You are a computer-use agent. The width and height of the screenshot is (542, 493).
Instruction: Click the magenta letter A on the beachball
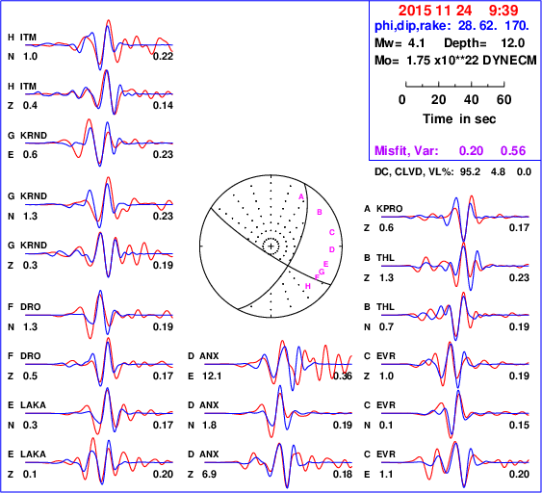click(301, 196)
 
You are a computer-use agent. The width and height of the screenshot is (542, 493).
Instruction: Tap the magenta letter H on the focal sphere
click(308, 286)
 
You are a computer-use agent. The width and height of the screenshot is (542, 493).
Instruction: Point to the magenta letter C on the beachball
click(332, 232)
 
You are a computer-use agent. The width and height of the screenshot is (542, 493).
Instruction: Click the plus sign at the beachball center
click(271, 246)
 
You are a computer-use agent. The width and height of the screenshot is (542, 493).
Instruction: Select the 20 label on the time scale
click(438, 99)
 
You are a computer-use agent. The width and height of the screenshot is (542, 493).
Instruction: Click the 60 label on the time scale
click(504, 99)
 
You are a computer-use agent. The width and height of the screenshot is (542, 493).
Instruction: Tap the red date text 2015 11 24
click(435, 11)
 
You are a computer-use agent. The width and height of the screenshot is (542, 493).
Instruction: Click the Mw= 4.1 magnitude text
click(400, 43)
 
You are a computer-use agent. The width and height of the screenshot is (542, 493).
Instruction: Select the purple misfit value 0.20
click(471, 151)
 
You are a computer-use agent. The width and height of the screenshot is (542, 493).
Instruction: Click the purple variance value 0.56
click(513, 151)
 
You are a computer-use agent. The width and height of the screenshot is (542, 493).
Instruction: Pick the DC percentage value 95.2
click(470, 171)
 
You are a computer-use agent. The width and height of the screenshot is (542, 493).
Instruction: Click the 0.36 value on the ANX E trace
click(343, 376)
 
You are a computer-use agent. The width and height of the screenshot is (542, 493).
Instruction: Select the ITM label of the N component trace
click(28, 38)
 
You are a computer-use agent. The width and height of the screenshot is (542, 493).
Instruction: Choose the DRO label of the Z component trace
click(31, 356)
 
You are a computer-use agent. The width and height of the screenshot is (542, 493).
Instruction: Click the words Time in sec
click(459, 119)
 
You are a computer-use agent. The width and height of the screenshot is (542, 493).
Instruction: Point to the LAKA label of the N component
click(33, 404)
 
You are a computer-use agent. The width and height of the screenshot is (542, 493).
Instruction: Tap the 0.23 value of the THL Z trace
click(519, 277)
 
